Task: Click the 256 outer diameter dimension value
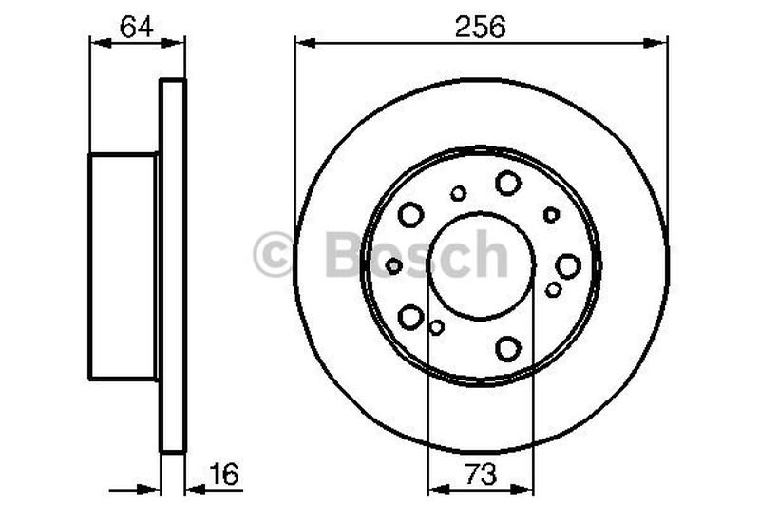pos(481,26)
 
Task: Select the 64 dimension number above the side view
pos(136,26)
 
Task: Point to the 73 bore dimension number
pos(481,473)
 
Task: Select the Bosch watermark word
pos(416,255)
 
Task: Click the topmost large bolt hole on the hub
pos(508,183)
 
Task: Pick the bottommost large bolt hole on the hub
pos(508,348)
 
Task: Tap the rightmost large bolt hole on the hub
pos(568,266)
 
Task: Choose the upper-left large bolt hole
pos(410,215)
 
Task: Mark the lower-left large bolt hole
pos(410,316)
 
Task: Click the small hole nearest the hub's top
pos(459,193)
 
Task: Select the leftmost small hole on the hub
pos(393,265)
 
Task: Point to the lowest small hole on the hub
pos(437,327)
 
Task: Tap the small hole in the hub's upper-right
pos(551,215)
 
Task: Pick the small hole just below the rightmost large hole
pos(553,289)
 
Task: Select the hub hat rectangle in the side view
pos(123,266)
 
